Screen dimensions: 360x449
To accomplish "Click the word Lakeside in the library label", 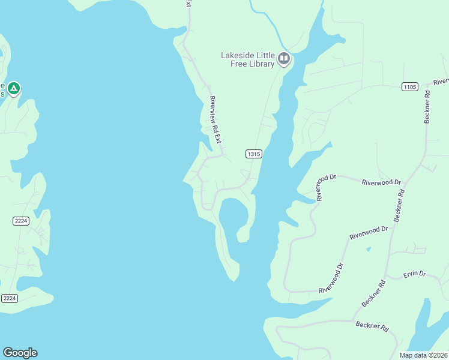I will click(238, 56).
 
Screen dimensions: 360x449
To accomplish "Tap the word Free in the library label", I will click(240, 64).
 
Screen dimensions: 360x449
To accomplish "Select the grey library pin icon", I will click(284, 59).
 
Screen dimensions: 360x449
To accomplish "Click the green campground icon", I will click(13, 89).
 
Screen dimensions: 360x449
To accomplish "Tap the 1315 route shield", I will click(253, 154).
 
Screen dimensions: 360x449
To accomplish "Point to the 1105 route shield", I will click(409, 87).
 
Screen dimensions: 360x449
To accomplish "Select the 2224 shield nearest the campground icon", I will click(20, 221).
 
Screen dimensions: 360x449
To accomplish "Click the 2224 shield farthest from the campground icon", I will click(9, 298).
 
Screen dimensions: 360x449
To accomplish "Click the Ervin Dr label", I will click(414, 274).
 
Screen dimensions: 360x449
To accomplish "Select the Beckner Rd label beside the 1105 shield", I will click(427, 107).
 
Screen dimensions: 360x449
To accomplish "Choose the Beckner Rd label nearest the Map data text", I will click(372, 328).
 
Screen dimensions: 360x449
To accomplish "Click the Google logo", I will click(20, 353).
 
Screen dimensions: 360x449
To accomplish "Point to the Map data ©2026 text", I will click(424, 355).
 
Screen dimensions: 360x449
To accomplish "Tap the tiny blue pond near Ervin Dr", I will click(369, 248).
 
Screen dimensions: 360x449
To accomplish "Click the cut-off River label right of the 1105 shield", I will click(441, 81).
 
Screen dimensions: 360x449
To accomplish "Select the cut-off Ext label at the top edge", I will click(188, 4).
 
